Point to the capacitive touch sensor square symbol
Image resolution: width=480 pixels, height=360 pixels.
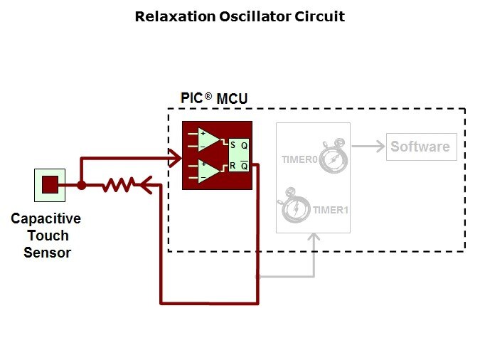49,185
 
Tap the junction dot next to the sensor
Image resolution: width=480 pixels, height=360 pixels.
82,186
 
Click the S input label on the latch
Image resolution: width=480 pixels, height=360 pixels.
233,145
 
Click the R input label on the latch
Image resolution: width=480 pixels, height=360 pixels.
233,166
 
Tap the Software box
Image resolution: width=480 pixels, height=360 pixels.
421,147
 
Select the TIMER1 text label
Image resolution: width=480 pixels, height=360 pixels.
331,210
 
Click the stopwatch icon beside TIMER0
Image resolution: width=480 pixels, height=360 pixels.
331,157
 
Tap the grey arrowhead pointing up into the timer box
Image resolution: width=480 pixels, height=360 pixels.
314,237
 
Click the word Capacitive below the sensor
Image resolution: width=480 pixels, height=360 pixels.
46,219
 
